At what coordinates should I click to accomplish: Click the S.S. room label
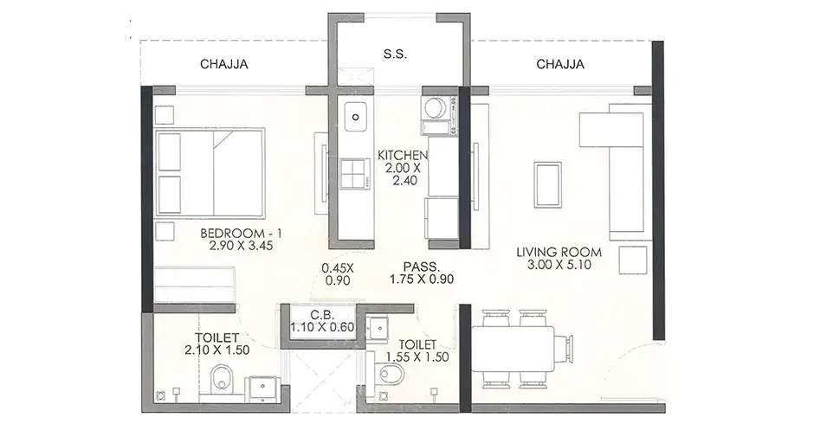[395, 54]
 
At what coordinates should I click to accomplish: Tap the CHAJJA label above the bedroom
[223, 64]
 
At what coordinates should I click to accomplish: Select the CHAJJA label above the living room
[560, 64]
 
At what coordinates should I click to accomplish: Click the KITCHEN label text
[403, 155]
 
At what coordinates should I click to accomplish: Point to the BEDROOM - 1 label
[241, 233]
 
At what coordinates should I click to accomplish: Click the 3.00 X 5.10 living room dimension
[559, 265]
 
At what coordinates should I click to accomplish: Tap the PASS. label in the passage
[422, 267]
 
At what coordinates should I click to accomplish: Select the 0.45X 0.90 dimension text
[338, 274]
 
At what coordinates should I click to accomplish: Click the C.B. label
[322, 315]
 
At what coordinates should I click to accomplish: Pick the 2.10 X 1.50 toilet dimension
[217, 350]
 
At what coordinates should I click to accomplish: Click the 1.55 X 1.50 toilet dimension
[417, 357]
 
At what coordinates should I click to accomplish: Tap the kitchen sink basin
[355, 117]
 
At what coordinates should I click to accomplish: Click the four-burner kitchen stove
[356, 173]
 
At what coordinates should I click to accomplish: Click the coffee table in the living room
[547, 184]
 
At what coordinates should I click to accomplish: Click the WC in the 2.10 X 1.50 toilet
[223, 379]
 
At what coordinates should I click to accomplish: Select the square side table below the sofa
[633, 260]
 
